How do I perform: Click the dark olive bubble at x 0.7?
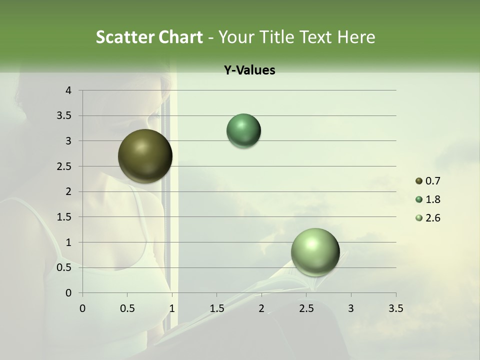145,156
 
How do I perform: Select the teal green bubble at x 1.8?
243,130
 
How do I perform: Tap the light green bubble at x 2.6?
315,252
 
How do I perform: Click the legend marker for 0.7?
418,181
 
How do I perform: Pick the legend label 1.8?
433,199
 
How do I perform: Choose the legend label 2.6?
433,218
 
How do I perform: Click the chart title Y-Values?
249,70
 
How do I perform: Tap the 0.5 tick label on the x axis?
127,308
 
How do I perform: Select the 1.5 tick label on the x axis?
216,308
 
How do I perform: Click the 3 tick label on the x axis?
351,308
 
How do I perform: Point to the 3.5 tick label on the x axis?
395,308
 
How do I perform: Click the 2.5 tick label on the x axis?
306,308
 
